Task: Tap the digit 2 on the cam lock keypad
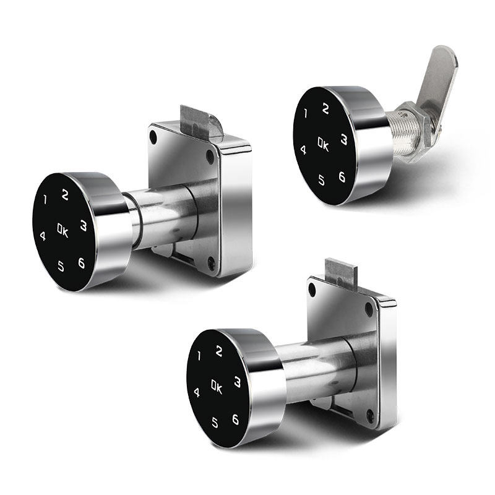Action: (x=325, y=109)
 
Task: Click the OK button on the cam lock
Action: (x=323, y=145)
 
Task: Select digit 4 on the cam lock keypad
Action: (x=303, y=150)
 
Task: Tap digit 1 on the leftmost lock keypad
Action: (x=45, y=199)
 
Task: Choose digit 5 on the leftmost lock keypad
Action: (x=61, y=266)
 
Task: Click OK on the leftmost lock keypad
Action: (x=63, y=230)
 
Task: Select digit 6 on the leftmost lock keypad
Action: (x=82, y=262)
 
